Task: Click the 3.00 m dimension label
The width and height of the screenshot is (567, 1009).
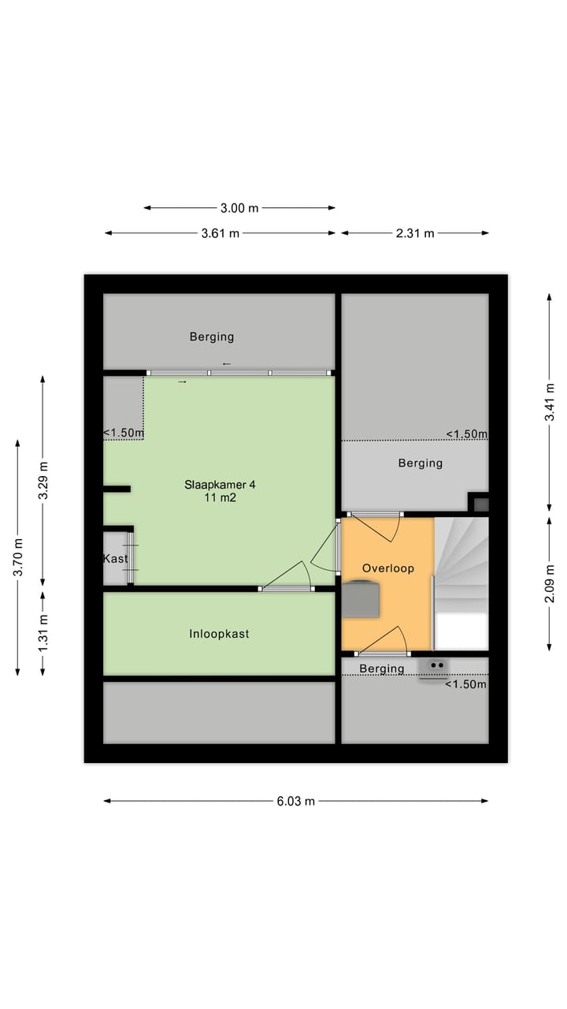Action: (239, 208)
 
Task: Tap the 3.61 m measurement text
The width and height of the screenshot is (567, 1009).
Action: (220, 233)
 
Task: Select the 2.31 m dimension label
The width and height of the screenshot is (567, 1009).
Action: (415, 233)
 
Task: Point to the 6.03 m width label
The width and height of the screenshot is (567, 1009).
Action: (295, 801)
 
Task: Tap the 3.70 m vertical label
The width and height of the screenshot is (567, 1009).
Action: (17, 557)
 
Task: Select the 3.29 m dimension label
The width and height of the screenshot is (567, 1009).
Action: (43, 480)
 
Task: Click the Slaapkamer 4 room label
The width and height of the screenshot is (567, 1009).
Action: (220, 484)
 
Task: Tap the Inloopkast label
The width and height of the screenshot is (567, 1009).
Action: (219, 634)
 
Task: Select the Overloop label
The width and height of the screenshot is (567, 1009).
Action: (387, 568)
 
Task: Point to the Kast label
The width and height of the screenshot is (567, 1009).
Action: (115, 559)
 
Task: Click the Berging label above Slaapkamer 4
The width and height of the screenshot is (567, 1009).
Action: (212, 337)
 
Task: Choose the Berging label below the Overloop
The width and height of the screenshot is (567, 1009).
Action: (382, 668)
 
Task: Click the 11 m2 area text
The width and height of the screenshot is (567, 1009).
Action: (220, 498)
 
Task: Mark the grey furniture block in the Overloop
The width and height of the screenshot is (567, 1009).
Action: (361, 599)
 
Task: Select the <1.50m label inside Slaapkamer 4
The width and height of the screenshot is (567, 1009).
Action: (124, 433)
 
